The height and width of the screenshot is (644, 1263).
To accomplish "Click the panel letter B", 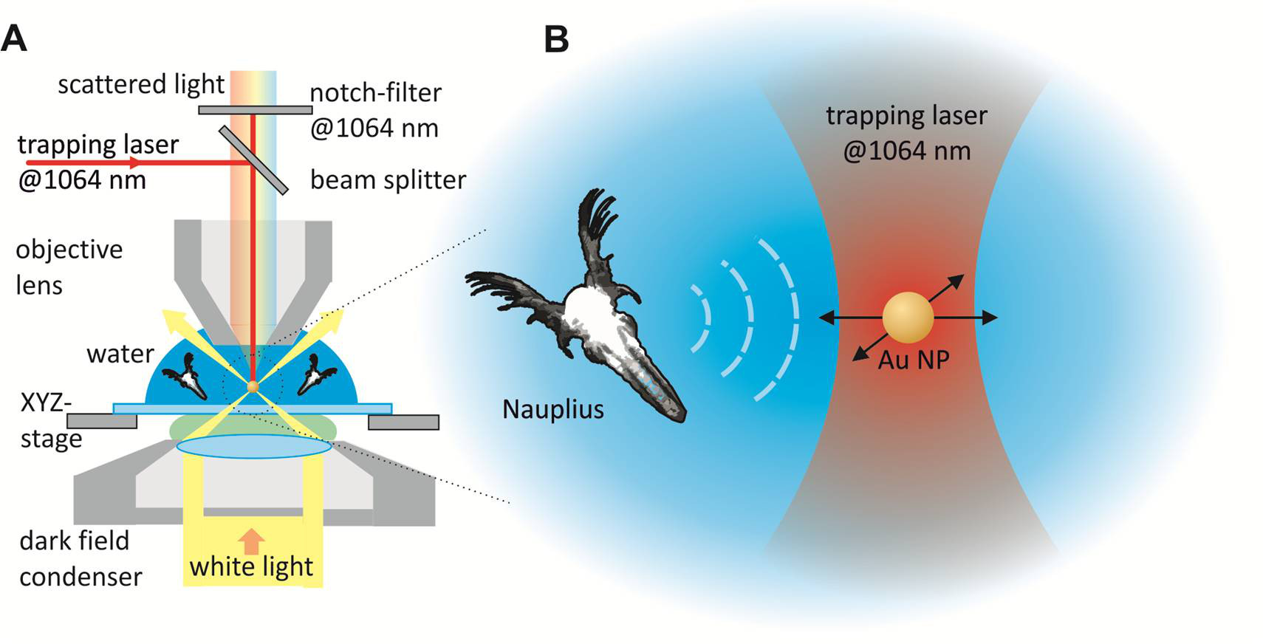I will (556, 39).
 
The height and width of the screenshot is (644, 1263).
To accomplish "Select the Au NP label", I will (914, 360).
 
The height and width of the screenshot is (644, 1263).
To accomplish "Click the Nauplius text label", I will (552, 409).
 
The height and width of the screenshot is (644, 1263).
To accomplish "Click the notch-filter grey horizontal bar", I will (255, 110).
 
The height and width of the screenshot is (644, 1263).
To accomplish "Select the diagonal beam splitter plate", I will (253, 160).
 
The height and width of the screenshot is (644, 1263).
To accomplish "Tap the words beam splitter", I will (388, 179).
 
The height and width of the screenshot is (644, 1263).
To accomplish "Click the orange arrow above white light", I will (252, 541).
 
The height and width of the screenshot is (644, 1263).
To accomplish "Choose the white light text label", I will (251, 567).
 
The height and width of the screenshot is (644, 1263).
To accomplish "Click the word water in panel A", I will (120, 354).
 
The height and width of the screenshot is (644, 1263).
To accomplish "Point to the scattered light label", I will (140, 84).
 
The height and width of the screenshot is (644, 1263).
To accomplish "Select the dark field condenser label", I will (80, 558).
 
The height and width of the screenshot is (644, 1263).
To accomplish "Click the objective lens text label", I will (68, 267).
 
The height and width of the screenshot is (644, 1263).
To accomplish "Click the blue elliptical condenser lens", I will (253, 446).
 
